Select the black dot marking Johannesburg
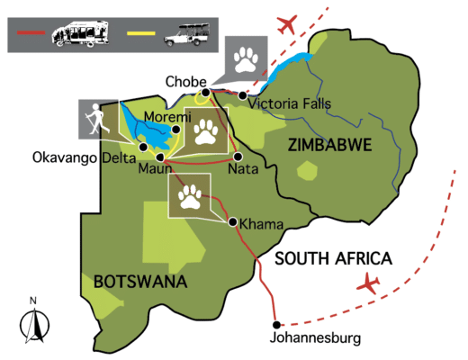pos(277,324)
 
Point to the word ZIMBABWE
pos(323,144)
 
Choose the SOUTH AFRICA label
pos(333,259)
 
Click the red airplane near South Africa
pos(367,285)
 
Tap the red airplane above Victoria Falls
pos(289,22)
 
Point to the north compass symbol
pos(33,319)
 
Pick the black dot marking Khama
pos(233,221)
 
